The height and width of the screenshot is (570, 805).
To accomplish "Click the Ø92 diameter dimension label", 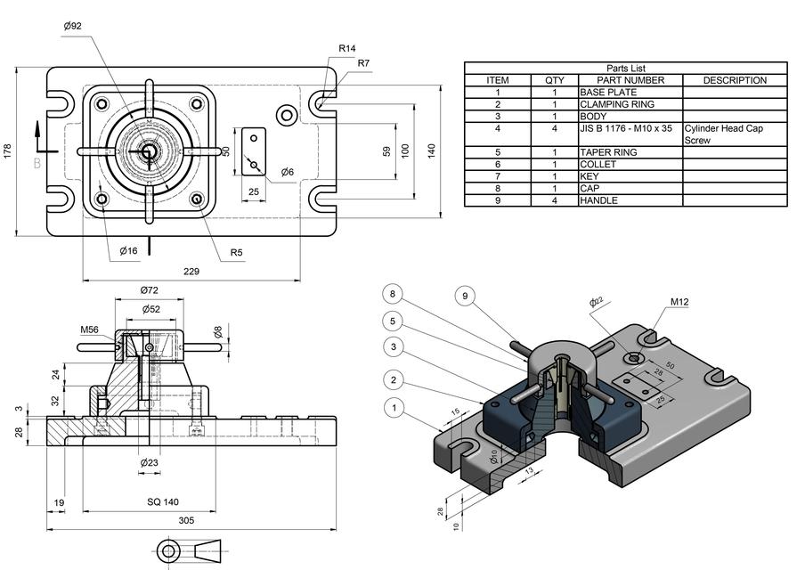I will (73, 27).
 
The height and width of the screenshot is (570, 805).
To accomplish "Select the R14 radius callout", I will (346, 48).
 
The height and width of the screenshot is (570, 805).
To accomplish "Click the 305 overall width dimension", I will (186, 521).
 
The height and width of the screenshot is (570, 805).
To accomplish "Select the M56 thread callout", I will (89, 330).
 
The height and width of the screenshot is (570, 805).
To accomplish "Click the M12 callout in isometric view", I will (679, 302).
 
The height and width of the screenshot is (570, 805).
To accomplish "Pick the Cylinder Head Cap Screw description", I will (723, 134).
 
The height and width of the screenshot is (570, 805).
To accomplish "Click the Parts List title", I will (626, 69).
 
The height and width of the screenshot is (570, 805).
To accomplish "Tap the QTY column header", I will (554, 80).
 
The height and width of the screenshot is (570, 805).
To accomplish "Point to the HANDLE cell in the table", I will (598, 200).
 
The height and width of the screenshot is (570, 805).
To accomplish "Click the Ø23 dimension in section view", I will (149, 462).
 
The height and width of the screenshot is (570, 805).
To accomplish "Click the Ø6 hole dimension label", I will (288, 172).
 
